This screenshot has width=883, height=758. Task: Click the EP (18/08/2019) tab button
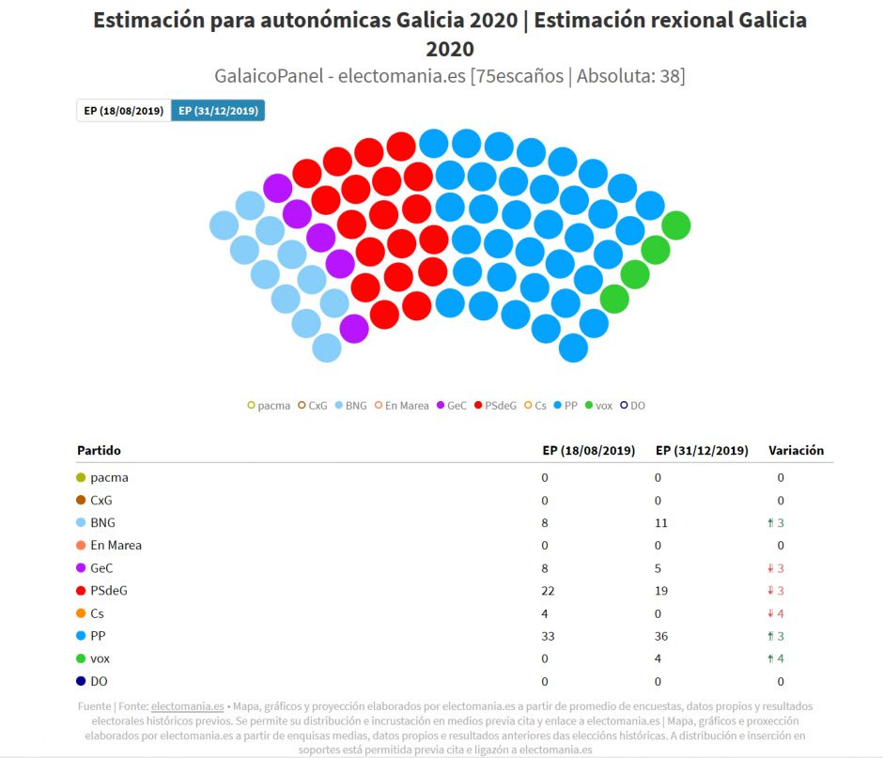124,111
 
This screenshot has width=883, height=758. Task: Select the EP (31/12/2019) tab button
218,111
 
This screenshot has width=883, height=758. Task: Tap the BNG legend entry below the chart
351,406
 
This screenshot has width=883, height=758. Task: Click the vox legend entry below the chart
598,406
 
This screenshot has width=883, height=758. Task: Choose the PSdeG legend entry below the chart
495,406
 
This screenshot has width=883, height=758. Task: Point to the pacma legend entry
269,406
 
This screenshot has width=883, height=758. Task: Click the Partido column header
99,451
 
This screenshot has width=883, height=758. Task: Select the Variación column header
796,451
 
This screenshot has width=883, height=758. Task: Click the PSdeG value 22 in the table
549,591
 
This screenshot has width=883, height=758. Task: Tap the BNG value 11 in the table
662,522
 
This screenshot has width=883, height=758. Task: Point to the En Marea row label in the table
116,545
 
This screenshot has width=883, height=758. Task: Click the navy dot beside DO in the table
81,681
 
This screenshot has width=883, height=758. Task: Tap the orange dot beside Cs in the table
81,613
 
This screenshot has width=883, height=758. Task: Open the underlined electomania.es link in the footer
187,705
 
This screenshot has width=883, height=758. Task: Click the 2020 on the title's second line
450,48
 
